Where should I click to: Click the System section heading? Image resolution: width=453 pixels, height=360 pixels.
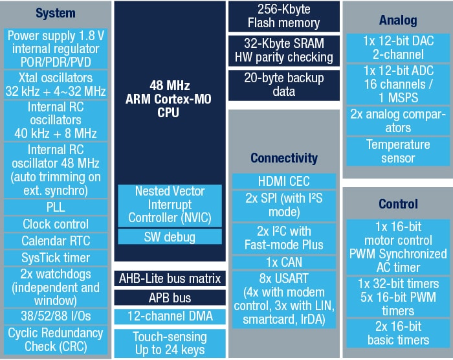tap(56, 14)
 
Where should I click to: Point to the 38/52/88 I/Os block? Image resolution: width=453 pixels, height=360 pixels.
tap(56, 315)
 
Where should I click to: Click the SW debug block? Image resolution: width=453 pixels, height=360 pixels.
tap(170, 237)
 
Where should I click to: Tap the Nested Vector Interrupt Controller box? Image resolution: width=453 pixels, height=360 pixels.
tap(170, 205)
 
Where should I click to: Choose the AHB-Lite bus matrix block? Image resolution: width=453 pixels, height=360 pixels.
tap(170, 279)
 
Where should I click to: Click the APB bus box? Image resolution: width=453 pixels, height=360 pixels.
tap(170, 298)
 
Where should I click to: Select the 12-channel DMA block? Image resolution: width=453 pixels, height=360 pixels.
tap(170, 317)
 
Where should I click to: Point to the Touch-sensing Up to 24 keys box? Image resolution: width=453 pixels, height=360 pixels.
tap(170, 343)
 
